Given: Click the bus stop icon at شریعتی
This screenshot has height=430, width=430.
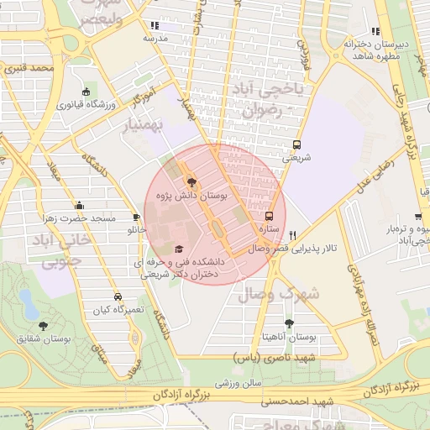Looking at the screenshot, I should pyautogui.click(x=296, y=144).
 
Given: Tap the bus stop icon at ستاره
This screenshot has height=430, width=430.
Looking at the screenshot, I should pyautogui.click(x=269, y=215).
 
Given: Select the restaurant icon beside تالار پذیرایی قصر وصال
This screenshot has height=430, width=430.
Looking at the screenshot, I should pyautogui.click(x=292, y=236).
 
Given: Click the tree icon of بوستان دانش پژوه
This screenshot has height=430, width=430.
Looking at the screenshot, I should pyautogui.click(x=191, y=181).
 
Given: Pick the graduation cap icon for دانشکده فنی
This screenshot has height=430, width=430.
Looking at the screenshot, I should pyautogui.click(x=178, y=249).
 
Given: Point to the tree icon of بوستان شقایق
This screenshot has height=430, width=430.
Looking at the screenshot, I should pyautogui.click(x=43, y=326).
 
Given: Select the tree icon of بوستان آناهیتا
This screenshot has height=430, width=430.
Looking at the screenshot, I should pyautogui.click(x=289, y=322).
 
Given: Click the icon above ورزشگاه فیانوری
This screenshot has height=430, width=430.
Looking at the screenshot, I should pyautogui.click(x=86, y=92).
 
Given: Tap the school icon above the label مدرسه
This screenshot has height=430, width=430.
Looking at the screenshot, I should pyautogui.click(x=153, y=26).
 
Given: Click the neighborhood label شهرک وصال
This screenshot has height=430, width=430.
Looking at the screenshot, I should pyautogui.click(x=279, y=294).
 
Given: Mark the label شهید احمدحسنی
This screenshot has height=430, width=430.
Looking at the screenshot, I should pyautogui.click(x=290, y=401).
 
